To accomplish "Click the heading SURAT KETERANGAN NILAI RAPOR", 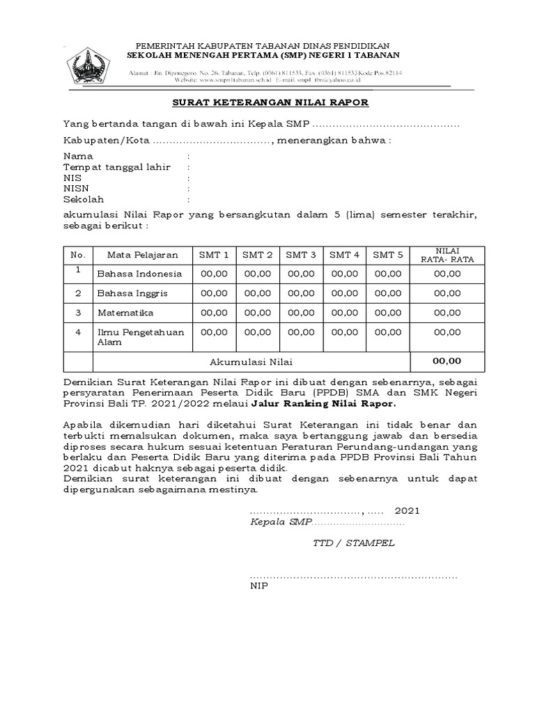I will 270,102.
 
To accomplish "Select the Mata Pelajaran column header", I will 137,255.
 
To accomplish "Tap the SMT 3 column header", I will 300,255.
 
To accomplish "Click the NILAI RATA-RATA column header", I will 447,255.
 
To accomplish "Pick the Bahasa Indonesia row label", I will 139,274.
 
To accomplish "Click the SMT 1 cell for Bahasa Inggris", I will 214,293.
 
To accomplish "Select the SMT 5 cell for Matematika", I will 388,313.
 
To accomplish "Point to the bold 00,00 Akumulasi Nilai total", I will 447,361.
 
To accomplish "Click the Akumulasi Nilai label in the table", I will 251,362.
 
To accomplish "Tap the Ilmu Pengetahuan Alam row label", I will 140,337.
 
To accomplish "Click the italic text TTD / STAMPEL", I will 354,543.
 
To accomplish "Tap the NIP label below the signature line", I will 258,586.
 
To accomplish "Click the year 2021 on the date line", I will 408,510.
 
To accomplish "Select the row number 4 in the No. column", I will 79,332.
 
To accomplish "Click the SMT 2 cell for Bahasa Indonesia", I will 257,274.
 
